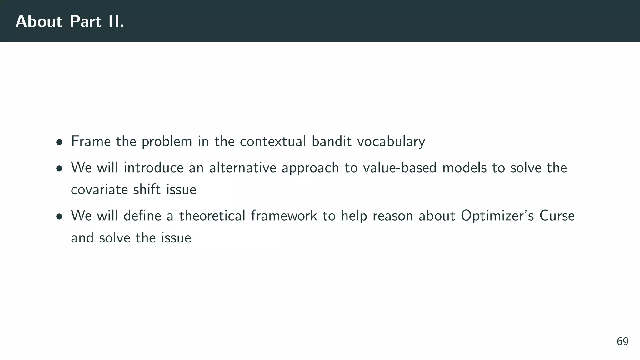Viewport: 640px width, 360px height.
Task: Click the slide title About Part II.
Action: click(70, 22)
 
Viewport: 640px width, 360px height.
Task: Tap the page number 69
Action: click(622, 342)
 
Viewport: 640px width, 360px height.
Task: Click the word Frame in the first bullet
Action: click(91, 141)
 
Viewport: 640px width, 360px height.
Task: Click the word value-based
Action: click(399, 167)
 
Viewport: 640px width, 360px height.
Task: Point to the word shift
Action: click(147, 189)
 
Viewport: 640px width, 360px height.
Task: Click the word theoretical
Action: click(212, 216)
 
